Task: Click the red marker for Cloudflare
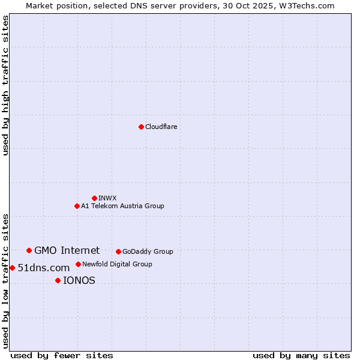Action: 141,127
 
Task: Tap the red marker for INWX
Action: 94,198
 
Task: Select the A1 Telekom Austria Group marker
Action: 77,206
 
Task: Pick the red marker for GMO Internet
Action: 29,250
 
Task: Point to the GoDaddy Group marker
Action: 118,251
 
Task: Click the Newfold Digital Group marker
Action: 78,264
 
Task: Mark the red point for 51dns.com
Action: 12,268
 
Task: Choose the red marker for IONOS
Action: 58,280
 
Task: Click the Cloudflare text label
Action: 161,127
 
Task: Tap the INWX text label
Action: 107,198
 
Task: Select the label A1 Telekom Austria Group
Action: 122,206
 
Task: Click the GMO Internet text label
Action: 67,250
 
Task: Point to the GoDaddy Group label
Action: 148,251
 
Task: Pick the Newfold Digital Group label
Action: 117,264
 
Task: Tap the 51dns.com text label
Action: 44,268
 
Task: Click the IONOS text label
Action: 79,280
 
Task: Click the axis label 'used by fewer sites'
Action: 62,355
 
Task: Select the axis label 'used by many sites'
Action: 301,355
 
